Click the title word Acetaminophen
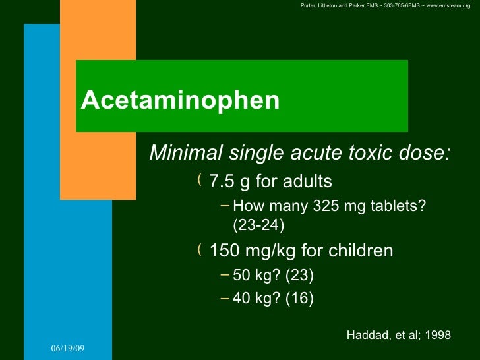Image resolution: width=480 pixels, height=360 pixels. click(x=180, y=100)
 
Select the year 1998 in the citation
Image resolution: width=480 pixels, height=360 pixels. click(x=438, y=335)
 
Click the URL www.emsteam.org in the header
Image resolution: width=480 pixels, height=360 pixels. click(x=448, y=6)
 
